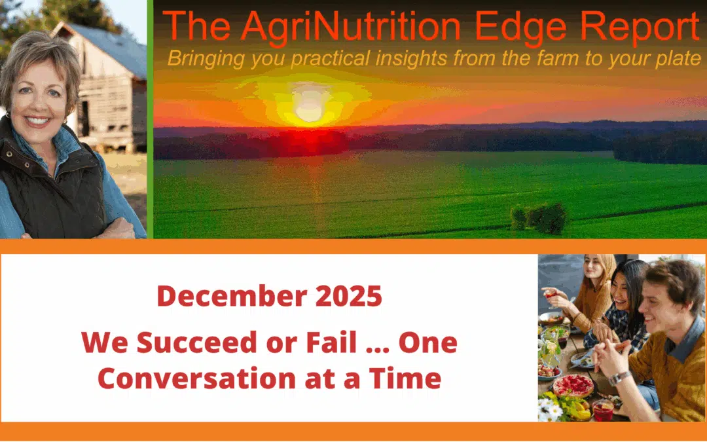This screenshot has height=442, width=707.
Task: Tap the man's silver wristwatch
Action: coord(619,378)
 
